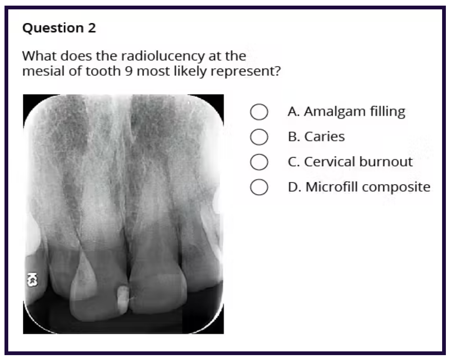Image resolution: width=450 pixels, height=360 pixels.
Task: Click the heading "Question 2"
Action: point(59,28)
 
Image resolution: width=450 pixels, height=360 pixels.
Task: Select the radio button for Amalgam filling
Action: point(259,112)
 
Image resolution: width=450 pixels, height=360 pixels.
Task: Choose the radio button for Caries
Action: point(259,137)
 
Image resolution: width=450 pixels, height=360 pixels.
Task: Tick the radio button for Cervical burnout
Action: point(259,162)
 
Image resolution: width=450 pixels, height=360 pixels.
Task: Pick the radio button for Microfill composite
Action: point(259,187)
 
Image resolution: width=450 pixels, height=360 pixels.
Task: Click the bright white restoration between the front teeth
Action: point(123,299)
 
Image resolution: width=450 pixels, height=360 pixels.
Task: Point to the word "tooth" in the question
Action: point(105,71)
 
